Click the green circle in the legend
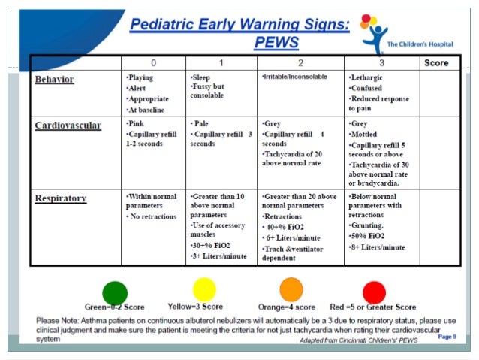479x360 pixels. click(x=115, y=292)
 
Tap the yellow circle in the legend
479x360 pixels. click(x=204, y=289)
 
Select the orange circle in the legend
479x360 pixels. click(x=291, y=289)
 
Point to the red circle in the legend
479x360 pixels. click(x=374, y=292)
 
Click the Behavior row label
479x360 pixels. click(x=57, y=78)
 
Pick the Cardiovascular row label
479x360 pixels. click(x=68, y=125)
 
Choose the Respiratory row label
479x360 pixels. click(x=61, y=198)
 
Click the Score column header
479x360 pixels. click(x=436, y=63)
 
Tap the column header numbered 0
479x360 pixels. click(x=154, y=63)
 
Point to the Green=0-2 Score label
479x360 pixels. click(x=114, y=307)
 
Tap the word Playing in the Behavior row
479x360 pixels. click(x=142, y=77)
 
